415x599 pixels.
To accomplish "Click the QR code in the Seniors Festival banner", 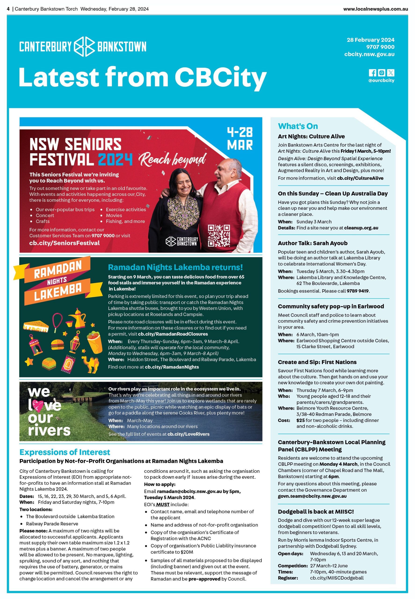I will pos(219,235).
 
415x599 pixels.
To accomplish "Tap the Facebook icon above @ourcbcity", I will pos(372,73).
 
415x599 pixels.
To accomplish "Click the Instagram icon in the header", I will pos(382,73).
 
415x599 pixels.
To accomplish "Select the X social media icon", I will pos(391,73).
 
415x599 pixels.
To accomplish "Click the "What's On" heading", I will pos(298,126).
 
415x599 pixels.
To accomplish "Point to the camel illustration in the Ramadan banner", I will pos(90,364).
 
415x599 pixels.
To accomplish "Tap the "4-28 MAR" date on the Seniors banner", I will pos(240,139).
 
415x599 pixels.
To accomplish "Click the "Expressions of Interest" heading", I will pos(65,452).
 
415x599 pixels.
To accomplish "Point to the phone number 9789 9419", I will pos(357,291).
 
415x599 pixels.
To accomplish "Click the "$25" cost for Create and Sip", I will pos(300,420).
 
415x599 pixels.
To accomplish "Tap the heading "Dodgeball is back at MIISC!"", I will pos(316,511).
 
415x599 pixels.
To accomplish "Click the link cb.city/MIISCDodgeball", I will pos(337,578).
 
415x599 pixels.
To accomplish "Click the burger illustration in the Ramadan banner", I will pos(58,345).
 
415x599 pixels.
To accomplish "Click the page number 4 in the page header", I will pos(8,9).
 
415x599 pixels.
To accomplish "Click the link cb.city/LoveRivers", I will pos(188,434).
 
